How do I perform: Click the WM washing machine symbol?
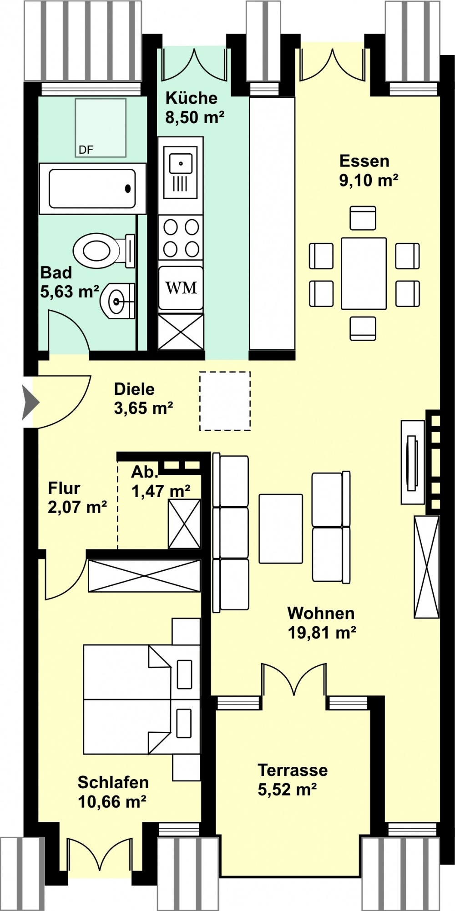[x=181, y=288]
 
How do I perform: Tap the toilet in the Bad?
[x=104, y=251]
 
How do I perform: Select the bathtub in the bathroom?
[x=92, y=189]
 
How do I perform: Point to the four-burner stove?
[x=181, y=238]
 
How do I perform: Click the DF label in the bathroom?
[x=86, y=150]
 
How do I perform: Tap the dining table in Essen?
[x=364, y=274]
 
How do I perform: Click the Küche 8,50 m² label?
[x=195, y=108]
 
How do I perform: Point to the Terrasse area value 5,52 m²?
[x=287, y=789]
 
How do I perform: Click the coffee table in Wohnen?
[x=281, y=528]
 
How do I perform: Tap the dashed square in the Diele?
[x=225, y=401]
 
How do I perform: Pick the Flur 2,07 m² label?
[x=77, y=498]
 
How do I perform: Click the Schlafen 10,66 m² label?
[x=112, y=792]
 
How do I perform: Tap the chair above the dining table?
[x=363, y=218]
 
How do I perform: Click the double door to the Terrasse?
[x=294, y=681]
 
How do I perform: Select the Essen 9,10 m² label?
[x=369, y=171]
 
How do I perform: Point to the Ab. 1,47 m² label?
[x=161, y=481]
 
